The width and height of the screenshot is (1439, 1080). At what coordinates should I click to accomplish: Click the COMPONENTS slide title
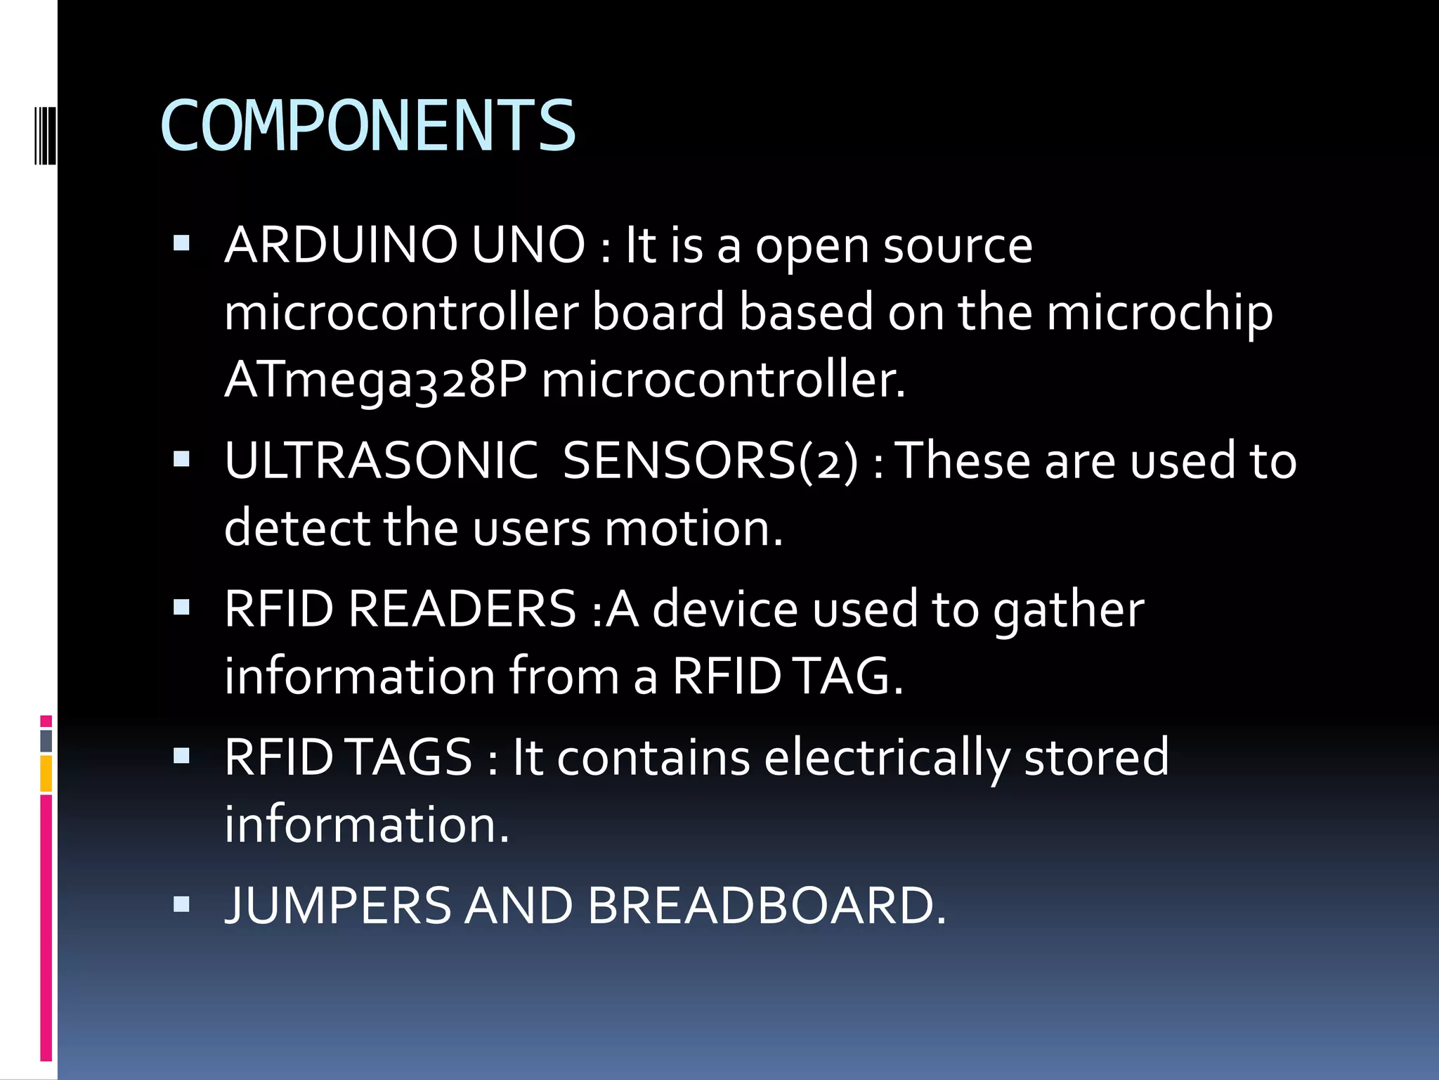coord(368,127)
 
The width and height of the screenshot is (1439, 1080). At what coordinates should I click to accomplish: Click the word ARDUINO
coord(341,245)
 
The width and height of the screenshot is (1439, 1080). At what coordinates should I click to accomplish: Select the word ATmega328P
coord(375,380)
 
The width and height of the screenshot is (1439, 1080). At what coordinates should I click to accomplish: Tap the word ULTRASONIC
coord(382,461)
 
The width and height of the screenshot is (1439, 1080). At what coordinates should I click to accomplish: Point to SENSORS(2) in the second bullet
coord(710,461)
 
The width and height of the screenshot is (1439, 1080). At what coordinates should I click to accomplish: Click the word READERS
coord(462,609)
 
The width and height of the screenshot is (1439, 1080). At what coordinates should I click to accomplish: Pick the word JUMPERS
coord(337,906)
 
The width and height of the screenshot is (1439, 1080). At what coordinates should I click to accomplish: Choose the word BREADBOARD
coord(767,906)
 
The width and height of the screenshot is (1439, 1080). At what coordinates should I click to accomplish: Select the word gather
coord(1068,609)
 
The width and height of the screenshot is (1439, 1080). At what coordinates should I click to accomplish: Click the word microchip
coord(1159,313)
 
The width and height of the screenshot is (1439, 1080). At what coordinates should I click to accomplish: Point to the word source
coord(958,245)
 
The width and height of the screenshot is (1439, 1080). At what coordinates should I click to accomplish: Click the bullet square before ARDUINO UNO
coord(182,244)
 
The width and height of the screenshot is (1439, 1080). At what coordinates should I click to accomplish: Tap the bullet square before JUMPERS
coord(182,904)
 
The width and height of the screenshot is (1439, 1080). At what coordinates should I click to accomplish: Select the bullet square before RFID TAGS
coord(182,756)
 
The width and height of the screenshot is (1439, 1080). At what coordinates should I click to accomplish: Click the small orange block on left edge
coord(46,773)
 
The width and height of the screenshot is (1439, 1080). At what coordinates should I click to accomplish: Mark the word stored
coord(1096,758)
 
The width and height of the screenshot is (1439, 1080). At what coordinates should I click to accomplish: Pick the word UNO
coord(528,245)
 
